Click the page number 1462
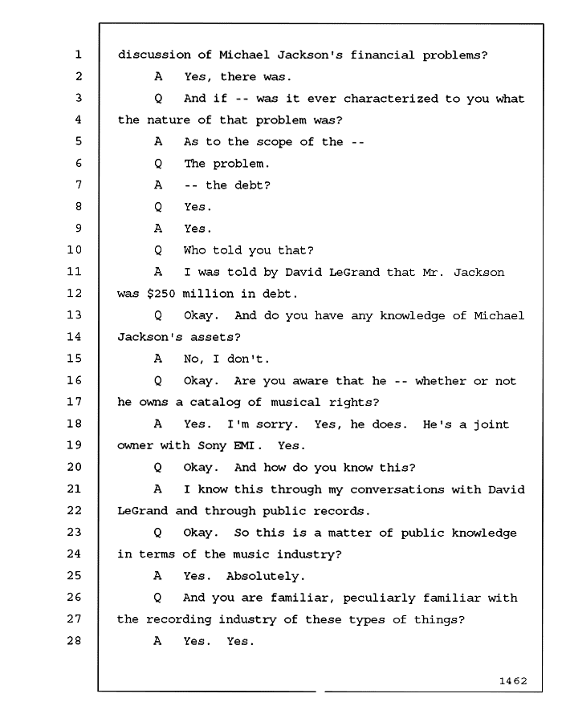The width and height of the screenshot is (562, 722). point(513,680)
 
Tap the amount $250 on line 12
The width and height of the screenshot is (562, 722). point(161,294)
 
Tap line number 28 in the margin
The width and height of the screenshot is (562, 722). point(74,640)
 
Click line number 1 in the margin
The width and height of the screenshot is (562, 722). point(78,55)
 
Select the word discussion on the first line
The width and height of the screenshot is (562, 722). point(154,55)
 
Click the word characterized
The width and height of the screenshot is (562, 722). point(391,99)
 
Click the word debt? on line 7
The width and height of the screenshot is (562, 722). point(252,185)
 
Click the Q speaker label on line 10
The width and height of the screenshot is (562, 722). point(158,250)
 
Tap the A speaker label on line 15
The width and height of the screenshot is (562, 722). point(158,359)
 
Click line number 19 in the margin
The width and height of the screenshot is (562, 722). point(74,444)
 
